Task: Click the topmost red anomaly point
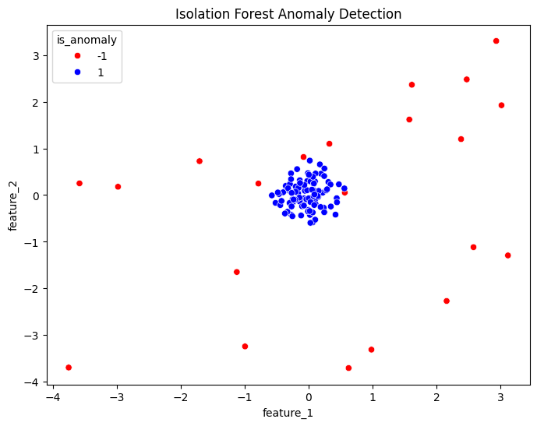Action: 496,40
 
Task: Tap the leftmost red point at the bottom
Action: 69,367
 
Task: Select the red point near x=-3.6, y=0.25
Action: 79,183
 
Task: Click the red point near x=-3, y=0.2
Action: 118,186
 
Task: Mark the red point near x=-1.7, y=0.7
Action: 200,161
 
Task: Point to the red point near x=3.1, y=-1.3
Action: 507,255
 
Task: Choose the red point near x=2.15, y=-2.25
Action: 447,301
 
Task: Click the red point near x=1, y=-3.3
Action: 371,350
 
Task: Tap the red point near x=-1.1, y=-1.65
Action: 236,272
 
